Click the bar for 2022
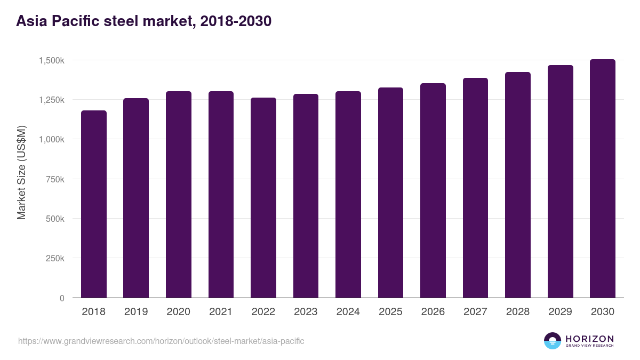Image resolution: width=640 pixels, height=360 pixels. pos(263,198)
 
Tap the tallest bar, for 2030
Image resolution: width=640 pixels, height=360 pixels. pos(603,179)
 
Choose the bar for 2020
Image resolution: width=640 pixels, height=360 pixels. pos(179,195)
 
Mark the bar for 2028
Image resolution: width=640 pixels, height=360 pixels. pos(518,185)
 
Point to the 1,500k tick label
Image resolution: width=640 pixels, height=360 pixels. pos(52,60)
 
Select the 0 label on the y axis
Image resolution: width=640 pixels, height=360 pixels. pos(62,298)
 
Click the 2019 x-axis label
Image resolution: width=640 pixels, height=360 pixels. pos(136,312)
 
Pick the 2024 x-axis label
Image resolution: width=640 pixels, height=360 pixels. pos(348,312)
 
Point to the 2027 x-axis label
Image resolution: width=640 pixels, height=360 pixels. pos(475,312)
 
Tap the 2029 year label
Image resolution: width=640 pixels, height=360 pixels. pos(560,312)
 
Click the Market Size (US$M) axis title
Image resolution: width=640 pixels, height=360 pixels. pos(21,172)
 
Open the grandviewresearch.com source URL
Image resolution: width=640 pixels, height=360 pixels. pos(161,341)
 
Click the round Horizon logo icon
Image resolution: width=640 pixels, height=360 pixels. pos(553,341)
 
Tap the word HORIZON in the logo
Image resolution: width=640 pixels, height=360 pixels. pos(589,338)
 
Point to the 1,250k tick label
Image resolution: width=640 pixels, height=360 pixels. pos(52,100)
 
